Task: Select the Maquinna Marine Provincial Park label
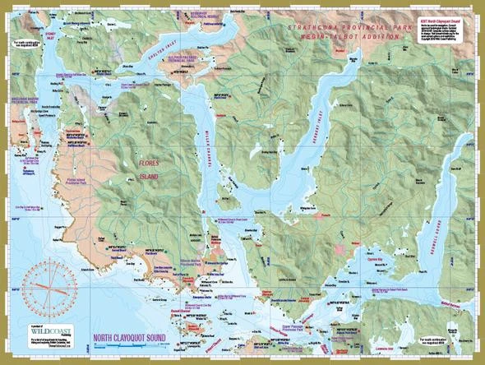(x=22, y=91)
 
